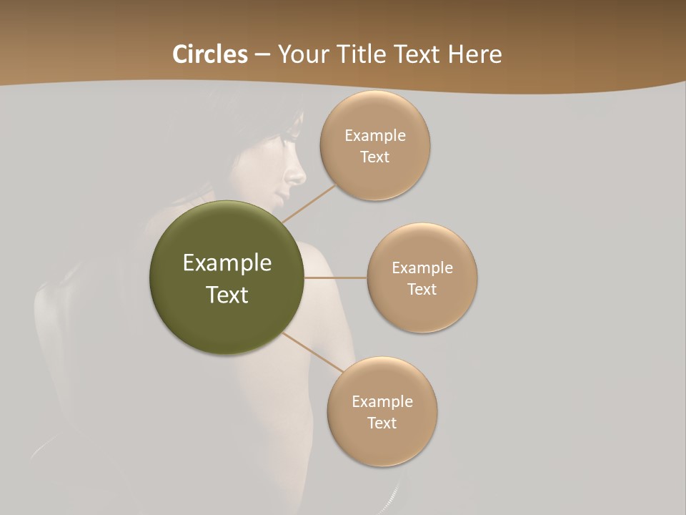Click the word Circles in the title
[209, 54]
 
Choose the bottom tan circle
[382, 443]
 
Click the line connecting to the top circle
[309, 203]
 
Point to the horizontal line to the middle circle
[336, 278]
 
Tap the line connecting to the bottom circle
[312, 353]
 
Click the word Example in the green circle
[227, 263]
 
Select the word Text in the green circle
[227, 295]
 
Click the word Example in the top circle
[375, 136]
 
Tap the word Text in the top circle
[375, 157]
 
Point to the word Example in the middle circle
[422, 268]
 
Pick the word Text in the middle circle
[422, 290]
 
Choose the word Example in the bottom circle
[382, 402]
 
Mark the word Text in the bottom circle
[382, 423]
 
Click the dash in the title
[262, 54]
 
